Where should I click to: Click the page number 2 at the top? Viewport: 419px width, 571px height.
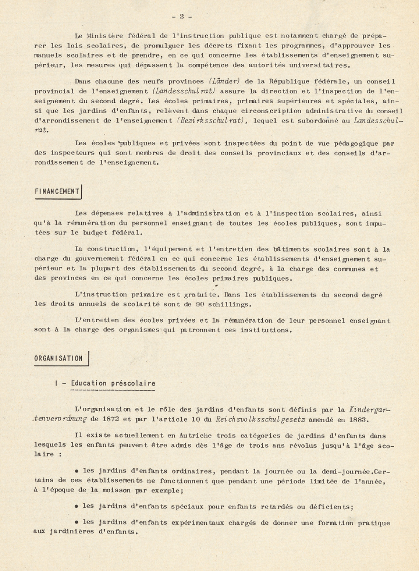(182, 16)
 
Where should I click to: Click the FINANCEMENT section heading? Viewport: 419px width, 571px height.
(57, 192)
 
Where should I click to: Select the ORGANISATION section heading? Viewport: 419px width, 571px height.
(59, 359)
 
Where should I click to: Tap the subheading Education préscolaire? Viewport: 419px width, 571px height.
(113, 383)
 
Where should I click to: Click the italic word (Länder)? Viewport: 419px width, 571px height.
(224, 81)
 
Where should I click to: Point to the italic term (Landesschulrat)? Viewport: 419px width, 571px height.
(184, 91)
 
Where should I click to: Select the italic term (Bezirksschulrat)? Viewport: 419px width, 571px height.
(212, 121)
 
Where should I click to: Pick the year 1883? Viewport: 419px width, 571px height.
(359, 419)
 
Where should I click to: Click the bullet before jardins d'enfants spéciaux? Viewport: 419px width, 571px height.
(77, 506)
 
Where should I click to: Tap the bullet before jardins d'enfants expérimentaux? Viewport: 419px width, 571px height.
(77, 522)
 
